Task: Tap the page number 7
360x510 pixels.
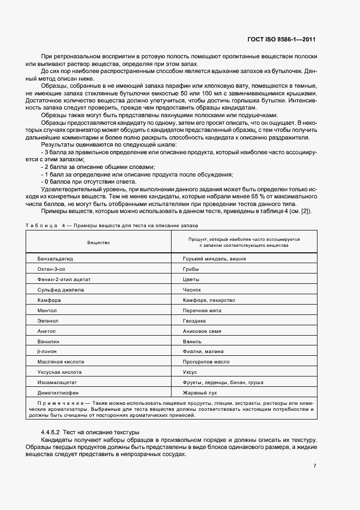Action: coord(315,466)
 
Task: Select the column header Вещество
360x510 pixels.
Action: coord(99,242)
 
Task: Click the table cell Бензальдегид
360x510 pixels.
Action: coord(55,259)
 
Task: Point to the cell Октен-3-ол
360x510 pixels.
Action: coord(51,269)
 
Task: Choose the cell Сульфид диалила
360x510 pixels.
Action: coord(60,290)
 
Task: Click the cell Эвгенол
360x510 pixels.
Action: coord(48,321)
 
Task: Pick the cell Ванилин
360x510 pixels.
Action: coord(48,341)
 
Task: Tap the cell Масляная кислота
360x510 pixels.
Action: coord(60,362)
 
